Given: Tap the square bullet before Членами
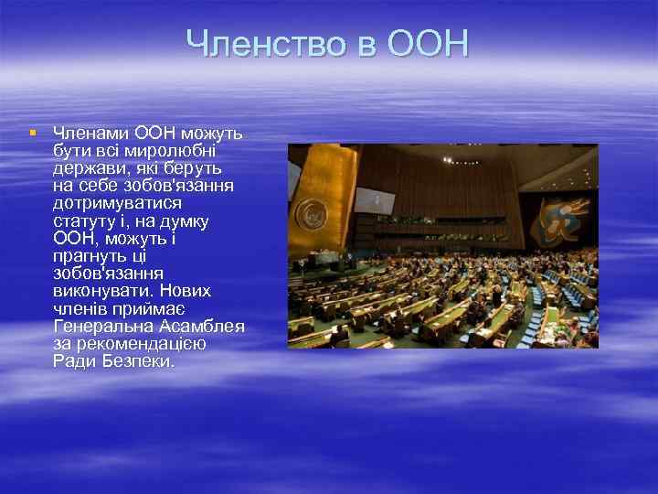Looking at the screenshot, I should pyautogui.click(x=32, y=134).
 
